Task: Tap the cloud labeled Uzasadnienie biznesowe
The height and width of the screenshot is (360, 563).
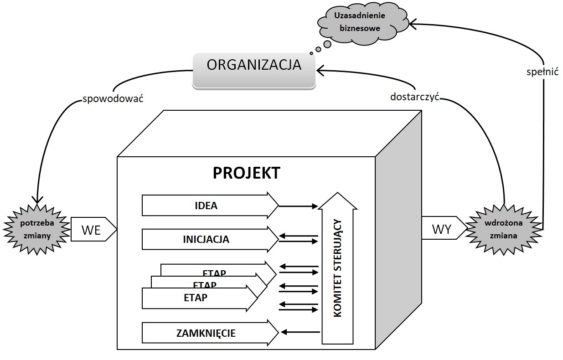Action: (360, 22)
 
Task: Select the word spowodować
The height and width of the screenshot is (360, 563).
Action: (113, 98)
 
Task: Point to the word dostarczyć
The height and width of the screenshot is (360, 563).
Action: (414, 97)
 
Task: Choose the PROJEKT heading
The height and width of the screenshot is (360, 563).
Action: (246, 173)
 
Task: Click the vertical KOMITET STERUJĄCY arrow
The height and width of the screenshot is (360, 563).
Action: (338, 269)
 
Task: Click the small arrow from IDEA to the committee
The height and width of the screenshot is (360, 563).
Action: (298, 206)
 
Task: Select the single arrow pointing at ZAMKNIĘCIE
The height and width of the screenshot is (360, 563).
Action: (298, 332)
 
